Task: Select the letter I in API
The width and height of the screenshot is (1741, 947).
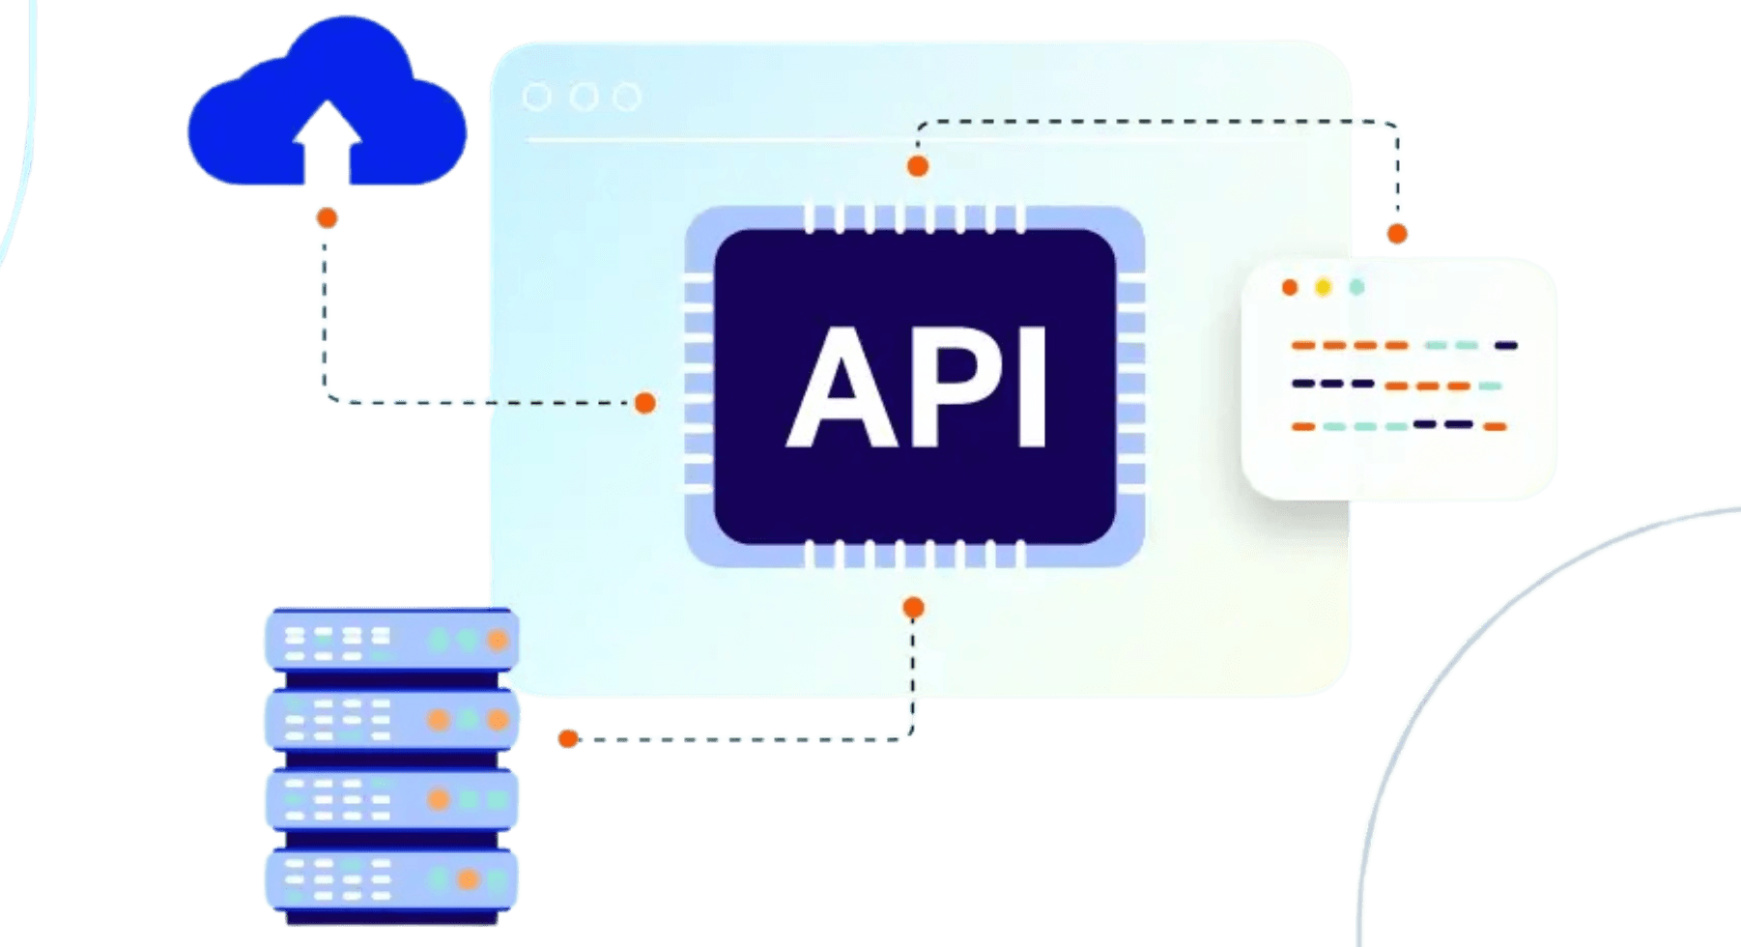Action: [x=1033, y=389]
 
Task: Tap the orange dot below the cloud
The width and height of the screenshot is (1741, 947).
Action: [x=327, y=218]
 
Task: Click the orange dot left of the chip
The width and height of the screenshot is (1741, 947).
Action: [x=644, y=403]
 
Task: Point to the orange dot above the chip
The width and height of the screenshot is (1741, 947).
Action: [x=917, y=166]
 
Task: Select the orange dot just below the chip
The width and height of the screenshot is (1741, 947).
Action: [x=913, y=608]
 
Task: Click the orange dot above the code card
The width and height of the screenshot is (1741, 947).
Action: [x=1397, y=233]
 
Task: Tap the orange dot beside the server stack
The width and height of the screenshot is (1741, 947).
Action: [x=568, y=739]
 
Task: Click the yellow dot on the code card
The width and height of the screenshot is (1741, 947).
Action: [x=1323, y=287]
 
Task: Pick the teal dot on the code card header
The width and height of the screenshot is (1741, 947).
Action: [x=1356, y=287]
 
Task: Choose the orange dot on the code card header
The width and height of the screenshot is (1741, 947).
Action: [x=1289, y=287]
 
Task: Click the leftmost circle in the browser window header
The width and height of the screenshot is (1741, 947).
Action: [x=536, y=98]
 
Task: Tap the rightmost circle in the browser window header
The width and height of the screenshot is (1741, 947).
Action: [x=627, y=98]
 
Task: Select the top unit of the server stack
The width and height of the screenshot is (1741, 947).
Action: [x=390, y=639]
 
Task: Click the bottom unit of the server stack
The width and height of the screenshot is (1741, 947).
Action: [x=390, y=880]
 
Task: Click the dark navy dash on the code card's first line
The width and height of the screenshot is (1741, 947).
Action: [x=1505, y=345]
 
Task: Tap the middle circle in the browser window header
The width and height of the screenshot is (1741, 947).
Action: [x=583, y=98]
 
